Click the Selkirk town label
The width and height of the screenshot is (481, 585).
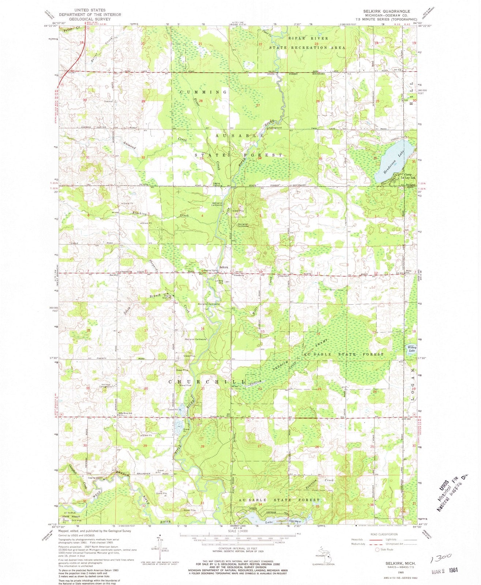(224, 268)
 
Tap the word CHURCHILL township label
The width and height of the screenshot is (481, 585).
(207, 382)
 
